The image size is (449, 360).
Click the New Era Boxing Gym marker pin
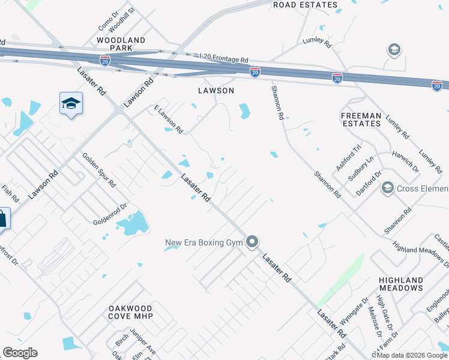pyautogui.click(x=252, y=242)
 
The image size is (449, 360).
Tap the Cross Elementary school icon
pyautogui.click(x=387, y=188)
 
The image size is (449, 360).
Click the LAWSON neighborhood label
pyautogui.click(x=215, y=91)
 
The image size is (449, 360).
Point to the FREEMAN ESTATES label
pyautogui.click(x=361, y=119)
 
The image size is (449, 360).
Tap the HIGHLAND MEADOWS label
pyautogui.click(x=401, y=284)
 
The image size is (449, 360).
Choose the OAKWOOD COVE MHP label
pyautogui.click(x=131, y=312)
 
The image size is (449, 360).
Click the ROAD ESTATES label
pyautogui.click(x=305, y=5)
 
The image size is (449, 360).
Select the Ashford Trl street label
pyautogui.click(x=349, y=157)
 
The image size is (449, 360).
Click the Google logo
pyautogui.click(x=20, y=353)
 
